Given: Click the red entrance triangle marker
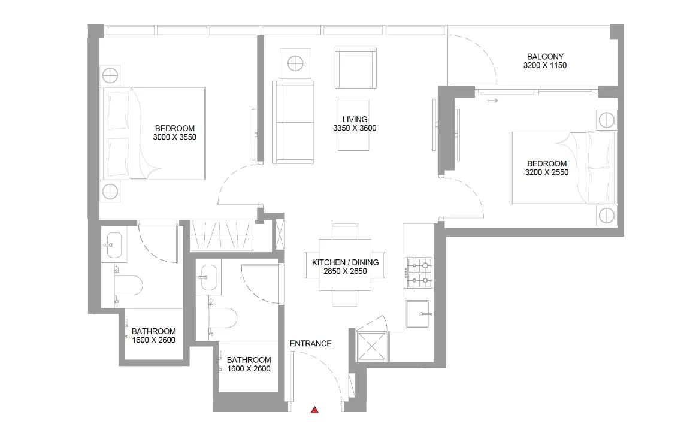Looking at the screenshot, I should click(x=314, y=410).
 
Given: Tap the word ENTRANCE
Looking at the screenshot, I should click(x=310, y=344).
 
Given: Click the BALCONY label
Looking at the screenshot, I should click(x=544, y=57).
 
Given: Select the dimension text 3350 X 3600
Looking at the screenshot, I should click(x=355, y=128).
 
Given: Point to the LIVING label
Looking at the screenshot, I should click(x=355, y=119).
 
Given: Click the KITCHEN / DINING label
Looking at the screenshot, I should click(x=346, y=262).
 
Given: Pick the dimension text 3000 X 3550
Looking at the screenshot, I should click(x=175, y=137).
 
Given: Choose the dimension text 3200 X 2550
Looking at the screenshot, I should click(x=546, y=172).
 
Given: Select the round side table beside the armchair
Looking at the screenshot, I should click(x=296, y=62).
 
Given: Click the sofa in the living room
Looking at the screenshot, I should click(x=293, y=122).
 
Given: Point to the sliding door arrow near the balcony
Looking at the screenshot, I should click(x=492, y=101).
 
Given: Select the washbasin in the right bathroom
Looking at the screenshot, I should click(x=209, y=277).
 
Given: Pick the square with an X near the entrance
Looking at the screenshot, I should click(x=371, y=347).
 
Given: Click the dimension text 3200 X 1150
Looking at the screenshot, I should click(x=544, y=66).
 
